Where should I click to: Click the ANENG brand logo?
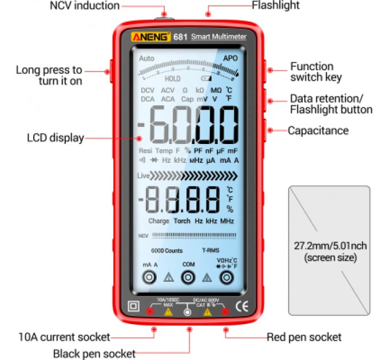tap(151, 37)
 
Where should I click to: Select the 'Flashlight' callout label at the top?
tap(276, 6)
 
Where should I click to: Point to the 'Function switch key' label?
tap(316, 71)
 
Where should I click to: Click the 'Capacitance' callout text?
tap(318, 131)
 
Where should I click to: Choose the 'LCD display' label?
tap(55, 138)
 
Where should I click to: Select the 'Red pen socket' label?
tap(304, 337)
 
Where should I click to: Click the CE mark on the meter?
tap(241, 306)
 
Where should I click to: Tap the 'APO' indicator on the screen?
tap(230, 58)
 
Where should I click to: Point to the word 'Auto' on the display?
tap(146, 58)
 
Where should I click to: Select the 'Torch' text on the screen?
tap(182, 221)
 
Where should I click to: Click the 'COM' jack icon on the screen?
tap(188, 278)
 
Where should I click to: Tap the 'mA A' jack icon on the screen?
tap(150, 278)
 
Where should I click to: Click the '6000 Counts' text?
tap(163, 251)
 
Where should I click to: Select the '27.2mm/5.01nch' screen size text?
tap(329, 246)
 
